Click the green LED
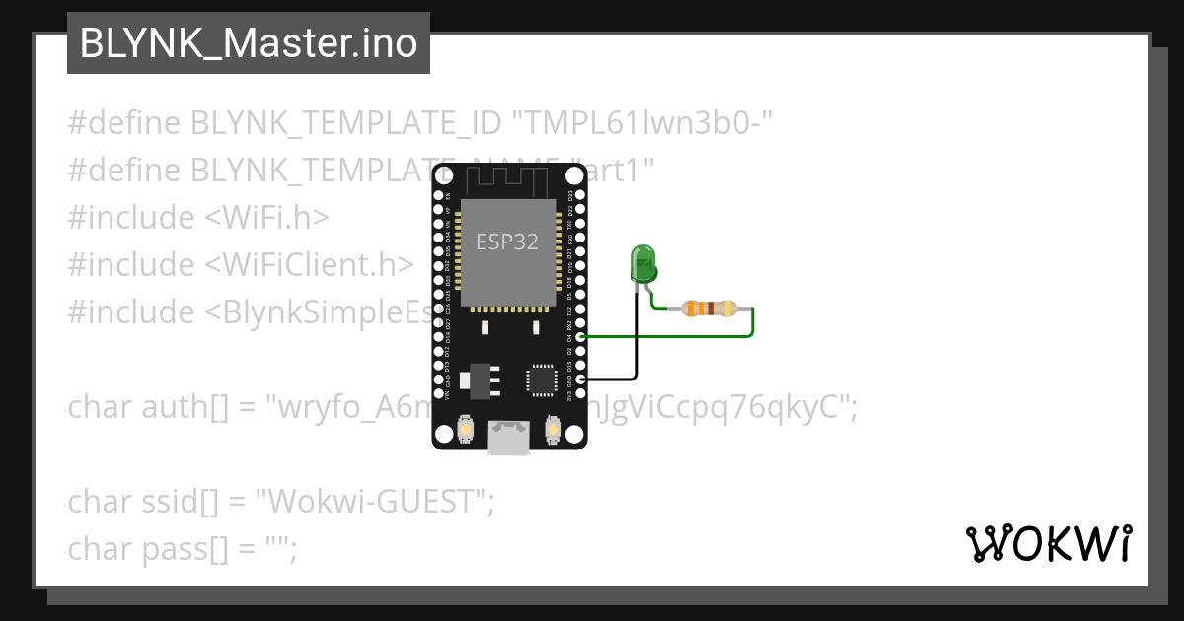[643, 264]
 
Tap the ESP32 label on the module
[507, 241]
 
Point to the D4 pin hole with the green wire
[580, 337]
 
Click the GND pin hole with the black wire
[580, 379]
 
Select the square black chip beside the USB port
[541, 379]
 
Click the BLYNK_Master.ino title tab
[249, 43]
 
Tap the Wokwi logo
[1048, 543]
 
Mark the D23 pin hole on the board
[580, 196]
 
